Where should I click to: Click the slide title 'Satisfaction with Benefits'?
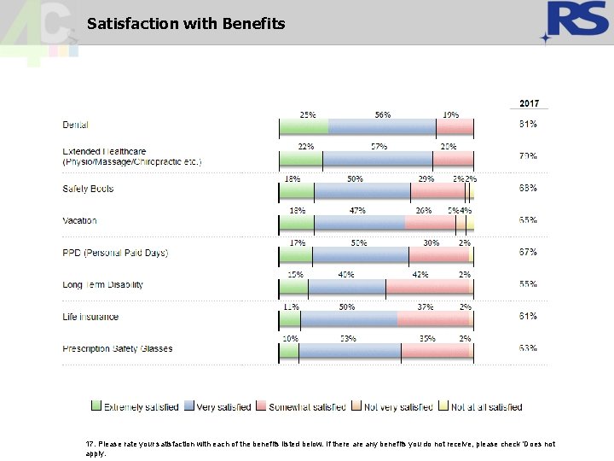coord(186,23)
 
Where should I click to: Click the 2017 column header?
coord(530,103)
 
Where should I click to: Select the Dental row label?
coord(75,125)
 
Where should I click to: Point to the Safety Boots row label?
coord(88,189)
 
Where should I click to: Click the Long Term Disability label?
coord(102,285)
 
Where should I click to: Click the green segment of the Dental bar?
coord(304,126)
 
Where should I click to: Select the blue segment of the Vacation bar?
coord(359,223)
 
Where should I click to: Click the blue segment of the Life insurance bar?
coord(349,318)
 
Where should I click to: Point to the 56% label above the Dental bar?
coord(382,114)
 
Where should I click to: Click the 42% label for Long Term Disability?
coord(420,275)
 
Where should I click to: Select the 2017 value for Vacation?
coord(528,221)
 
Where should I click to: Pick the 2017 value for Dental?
coord(528,125)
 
